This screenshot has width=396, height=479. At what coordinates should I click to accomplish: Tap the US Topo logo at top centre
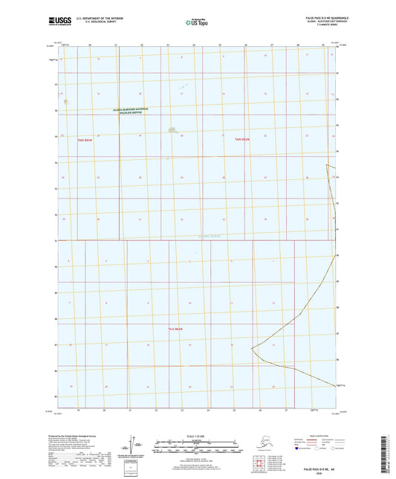coord(195,22)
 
